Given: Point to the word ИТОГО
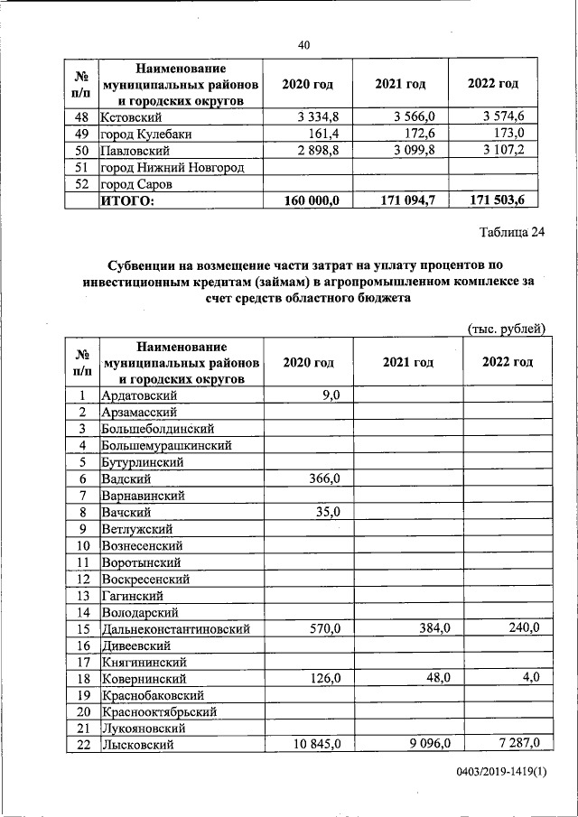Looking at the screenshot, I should [128, 200].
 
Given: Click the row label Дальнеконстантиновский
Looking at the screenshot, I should [176, 629].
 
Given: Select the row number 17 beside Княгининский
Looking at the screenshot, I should [82, 662].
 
